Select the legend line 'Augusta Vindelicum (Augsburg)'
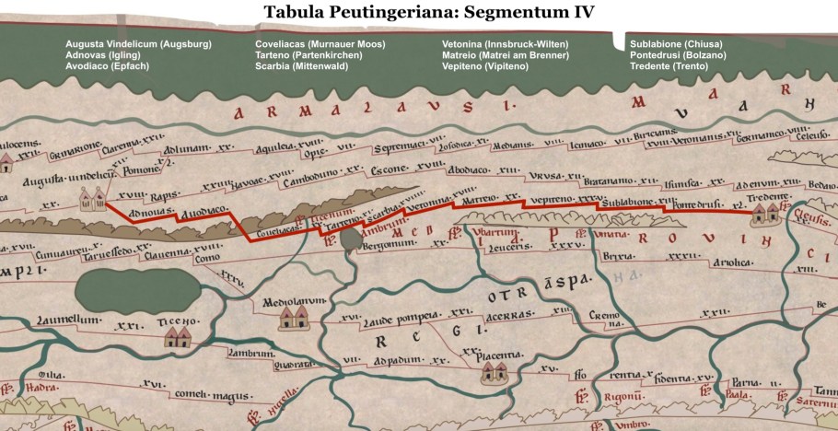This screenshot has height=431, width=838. (x=138, y=44)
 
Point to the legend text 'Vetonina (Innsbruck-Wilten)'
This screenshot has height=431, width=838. (x=506, y=44)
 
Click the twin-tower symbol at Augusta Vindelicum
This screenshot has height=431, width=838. (x=90, y=198)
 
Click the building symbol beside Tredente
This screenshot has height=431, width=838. (x=764, y=214)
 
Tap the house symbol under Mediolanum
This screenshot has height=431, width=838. (x=294, y=319)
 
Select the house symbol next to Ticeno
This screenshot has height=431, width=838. (x=177, y=338)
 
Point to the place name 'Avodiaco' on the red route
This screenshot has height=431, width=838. (x=204, y=212)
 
